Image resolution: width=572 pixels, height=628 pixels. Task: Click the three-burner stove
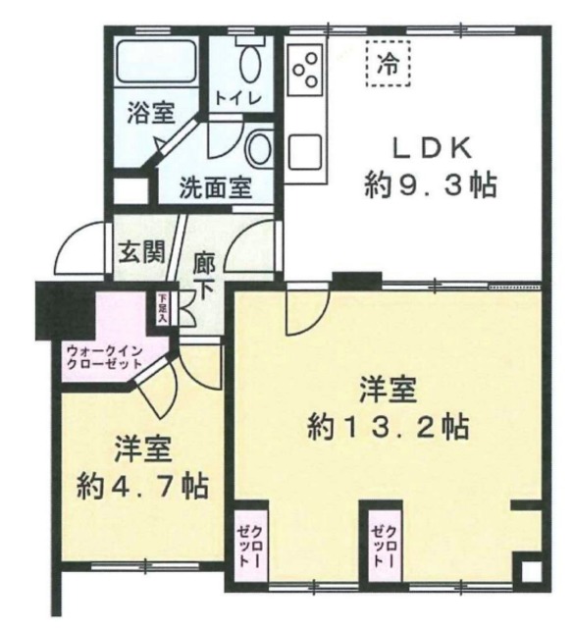pos(305,68)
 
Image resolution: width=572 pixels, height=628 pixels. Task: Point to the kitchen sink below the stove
pos(304,150)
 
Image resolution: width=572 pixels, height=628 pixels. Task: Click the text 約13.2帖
pos(387,427)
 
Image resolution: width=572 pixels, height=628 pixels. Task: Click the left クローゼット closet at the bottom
pos(250,546)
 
